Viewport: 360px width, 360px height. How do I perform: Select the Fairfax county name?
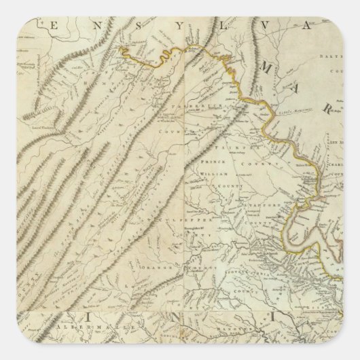(231, 144)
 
